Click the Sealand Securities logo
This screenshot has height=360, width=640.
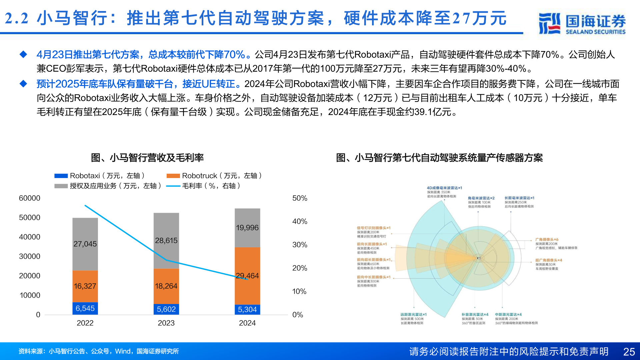coord(582,23)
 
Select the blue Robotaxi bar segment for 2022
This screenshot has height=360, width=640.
coord(85,308)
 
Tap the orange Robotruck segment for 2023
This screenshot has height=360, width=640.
coord(166,286)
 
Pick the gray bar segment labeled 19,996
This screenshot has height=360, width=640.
coord(247,228)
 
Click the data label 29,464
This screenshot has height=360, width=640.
coord(247,276)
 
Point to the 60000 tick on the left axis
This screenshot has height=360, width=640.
coord(29,198)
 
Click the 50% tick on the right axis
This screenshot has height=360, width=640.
coord(300,198)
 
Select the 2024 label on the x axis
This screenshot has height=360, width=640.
coord(247,323)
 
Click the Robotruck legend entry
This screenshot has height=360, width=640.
coord(214,176)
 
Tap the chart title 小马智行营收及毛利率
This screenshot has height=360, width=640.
coord(147,158)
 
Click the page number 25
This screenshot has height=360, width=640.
coord(629,352)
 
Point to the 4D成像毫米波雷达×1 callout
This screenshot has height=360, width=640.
coord(444,188)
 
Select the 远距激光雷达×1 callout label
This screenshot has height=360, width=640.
coord(413,315)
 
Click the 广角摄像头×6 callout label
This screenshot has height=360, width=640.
coord(547,240)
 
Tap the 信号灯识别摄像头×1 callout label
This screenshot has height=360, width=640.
coord(374,228)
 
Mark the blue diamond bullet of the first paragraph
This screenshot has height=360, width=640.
coord(23,54)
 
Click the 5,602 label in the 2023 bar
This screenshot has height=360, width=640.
coord(166,309)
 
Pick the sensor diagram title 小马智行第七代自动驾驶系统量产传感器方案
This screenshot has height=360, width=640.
coord(439,158)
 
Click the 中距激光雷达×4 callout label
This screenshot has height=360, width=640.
coord(508,315)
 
